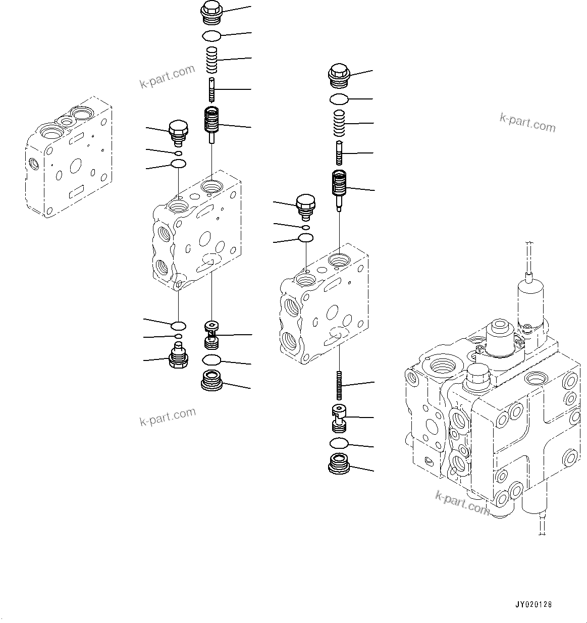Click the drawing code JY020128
(533, 604)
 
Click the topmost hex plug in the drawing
(211, 12)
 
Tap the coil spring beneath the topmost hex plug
(212, 60)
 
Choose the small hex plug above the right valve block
(306, 206)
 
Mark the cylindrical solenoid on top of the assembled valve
(530, 300)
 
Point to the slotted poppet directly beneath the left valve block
(211, 334)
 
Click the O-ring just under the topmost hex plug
(211, 36)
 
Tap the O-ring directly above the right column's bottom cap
(339, 443)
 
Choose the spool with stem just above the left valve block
(212, 124)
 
